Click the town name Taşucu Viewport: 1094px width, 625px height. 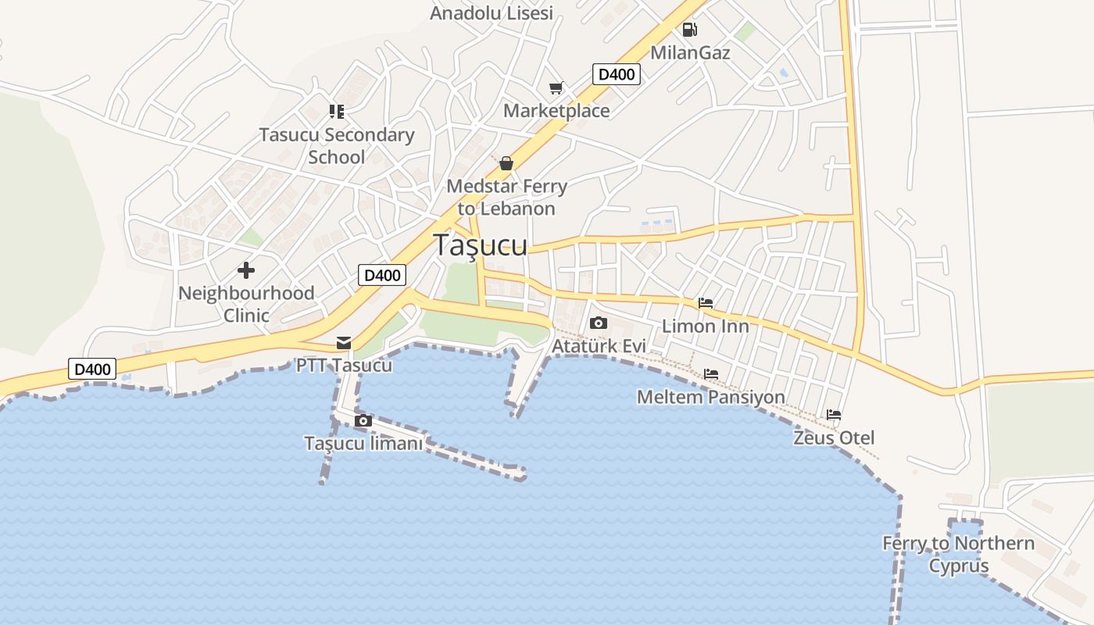coord(480,245)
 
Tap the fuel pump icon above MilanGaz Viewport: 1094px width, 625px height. coord(689,30)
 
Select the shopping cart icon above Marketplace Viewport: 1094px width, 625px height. coord(556,87)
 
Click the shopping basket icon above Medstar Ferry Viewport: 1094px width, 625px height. coord(506,163)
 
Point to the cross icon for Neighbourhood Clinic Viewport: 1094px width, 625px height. coord(246,270)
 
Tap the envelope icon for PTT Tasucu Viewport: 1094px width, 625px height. coord(344,342)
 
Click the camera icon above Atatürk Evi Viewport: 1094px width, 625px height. coord(599,323)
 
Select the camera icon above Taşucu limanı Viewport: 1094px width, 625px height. coord(363,421)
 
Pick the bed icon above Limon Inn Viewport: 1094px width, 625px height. coord(706,303)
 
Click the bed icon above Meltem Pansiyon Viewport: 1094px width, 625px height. coord(711,374)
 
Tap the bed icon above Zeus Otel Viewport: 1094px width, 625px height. coord(834,415)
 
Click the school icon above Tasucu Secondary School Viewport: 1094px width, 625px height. coord(337,112)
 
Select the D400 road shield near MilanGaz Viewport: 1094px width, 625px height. coord(617,74)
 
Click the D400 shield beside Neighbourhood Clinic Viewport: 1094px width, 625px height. coord(382,274)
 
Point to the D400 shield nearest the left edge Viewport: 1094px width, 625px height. coord(92,369)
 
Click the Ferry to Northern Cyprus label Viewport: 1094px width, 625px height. coord(958,554)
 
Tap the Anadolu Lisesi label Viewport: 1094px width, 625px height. coord(492,12)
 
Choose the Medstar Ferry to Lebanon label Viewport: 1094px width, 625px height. coord(506,197)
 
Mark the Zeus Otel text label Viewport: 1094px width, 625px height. coord(834,437)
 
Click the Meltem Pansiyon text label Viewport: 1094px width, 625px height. coord(710,397)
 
